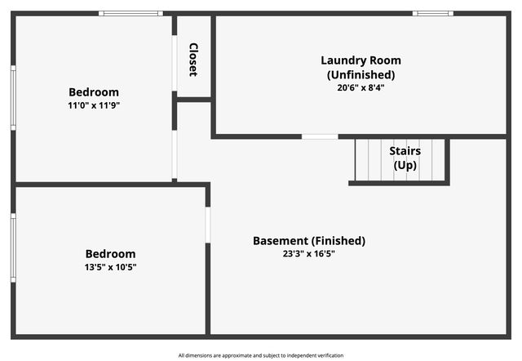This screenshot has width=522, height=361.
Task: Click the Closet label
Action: pos(193,59)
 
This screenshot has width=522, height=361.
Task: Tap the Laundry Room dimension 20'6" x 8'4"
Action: pos(361,87)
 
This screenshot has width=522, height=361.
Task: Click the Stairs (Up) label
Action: pos(405,158)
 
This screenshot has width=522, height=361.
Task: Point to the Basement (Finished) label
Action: pos(309,241)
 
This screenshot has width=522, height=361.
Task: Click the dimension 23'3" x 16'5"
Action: pos(309,253)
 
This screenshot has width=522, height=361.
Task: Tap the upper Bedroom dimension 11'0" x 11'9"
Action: pos(94,105)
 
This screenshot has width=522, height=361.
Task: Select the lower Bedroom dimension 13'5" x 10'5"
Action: pos(111,266)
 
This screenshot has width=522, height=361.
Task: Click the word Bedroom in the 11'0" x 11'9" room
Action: pos(94,92)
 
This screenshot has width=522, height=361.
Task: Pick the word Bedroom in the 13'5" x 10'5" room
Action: pos(111,254)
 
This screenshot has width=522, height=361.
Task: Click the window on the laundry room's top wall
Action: pos(432,14)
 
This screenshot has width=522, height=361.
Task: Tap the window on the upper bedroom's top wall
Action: pos(130,14)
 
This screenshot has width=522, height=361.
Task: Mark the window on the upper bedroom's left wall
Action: pos(13,97)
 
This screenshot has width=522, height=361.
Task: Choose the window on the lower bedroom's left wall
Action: pos(13,247)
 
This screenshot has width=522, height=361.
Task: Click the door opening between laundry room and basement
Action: pos(320,136)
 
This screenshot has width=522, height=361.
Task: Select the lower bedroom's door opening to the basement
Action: pos(208,225)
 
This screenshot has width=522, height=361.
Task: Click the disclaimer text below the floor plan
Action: pos(261,355)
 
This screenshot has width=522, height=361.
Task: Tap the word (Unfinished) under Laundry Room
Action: pos(361,74)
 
